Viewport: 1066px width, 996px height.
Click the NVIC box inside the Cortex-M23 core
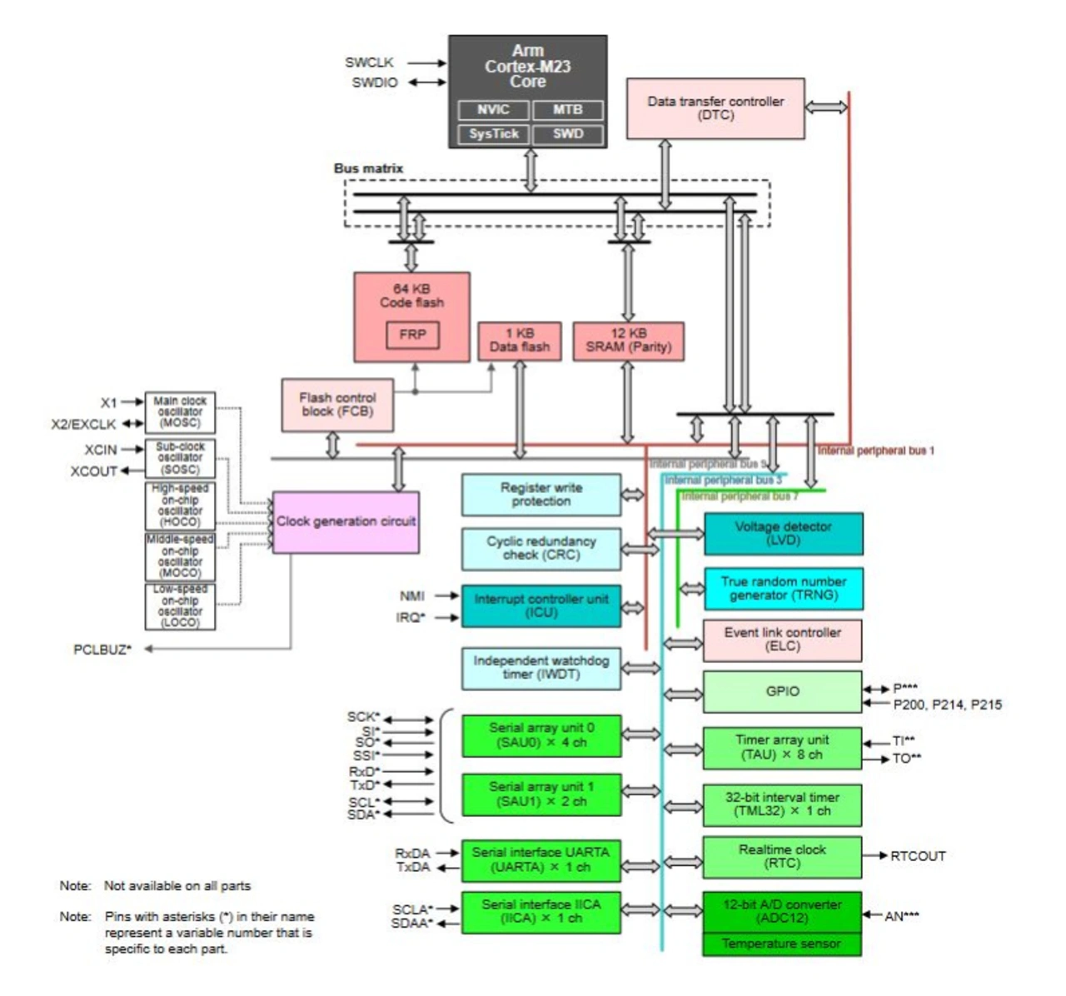[493, 110]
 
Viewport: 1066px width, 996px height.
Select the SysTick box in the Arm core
[493, 134]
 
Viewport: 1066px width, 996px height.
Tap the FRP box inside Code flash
[412, 335]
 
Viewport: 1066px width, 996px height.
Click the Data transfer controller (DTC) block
[715, 108]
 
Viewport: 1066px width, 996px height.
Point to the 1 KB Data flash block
[520, 341]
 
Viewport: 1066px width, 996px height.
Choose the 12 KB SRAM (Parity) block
[628, 341]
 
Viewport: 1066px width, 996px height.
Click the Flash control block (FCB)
[337, 405]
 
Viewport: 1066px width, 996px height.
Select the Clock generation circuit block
[346, 522]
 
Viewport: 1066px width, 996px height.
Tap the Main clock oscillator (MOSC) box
[180, 411]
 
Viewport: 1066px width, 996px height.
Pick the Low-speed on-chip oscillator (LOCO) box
[180, 606]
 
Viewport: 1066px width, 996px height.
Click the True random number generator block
[783, 589]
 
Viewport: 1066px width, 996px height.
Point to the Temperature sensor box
[781, 944]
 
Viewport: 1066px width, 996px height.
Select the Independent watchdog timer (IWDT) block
[541, 668]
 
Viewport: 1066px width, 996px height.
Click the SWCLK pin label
[370, 62]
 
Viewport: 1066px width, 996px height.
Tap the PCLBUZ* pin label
[102, 650]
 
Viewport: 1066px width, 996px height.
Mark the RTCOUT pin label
[918, 856]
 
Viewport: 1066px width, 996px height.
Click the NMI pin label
[412, 595]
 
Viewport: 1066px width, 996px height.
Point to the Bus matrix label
[368, 168]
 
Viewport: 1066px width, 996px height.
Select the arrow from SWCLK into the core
[427, 62]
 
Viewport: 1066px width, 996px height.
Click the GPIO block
[782, 691]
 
